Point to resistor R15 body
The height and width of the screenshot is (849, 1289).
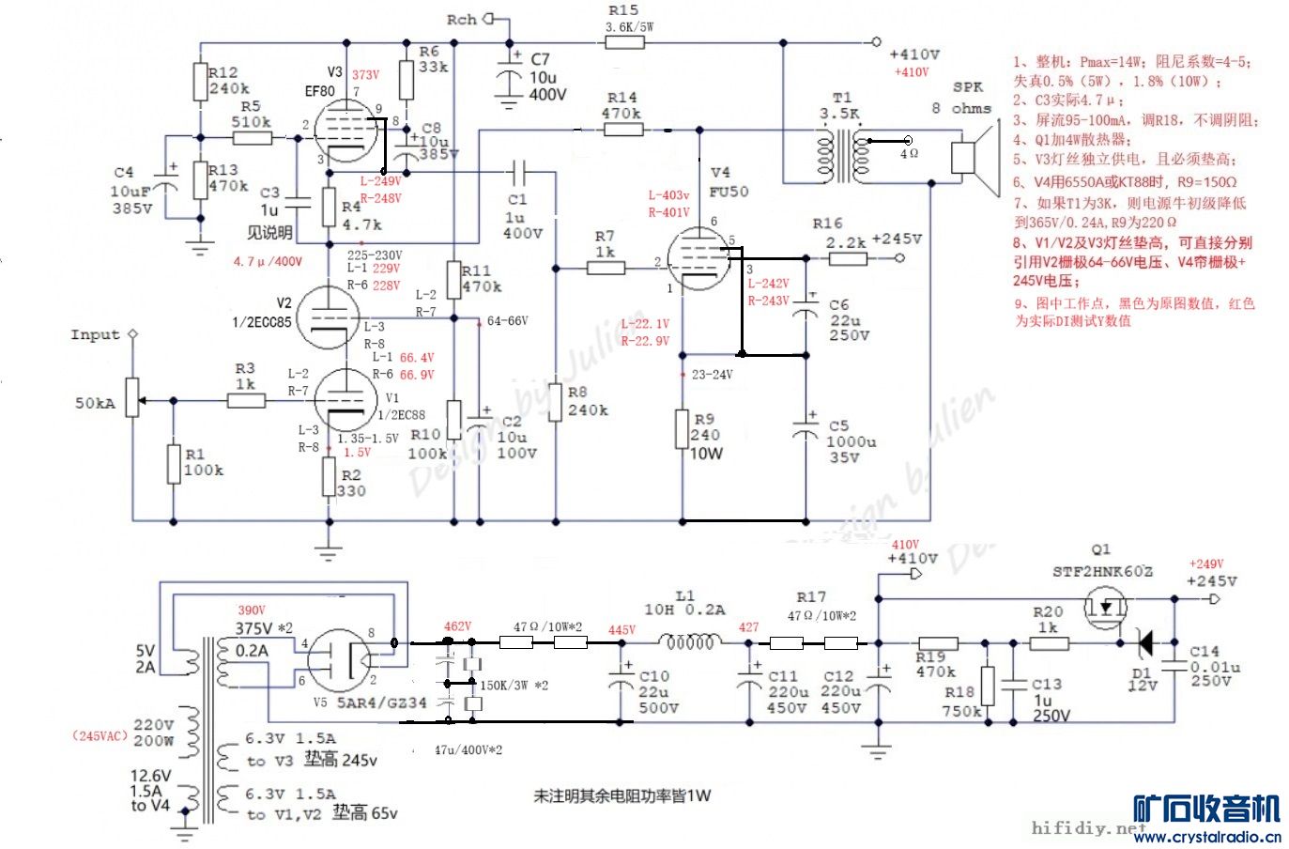(624, 41)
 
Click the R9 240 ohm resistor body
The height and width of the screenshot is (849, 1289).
(683, 429)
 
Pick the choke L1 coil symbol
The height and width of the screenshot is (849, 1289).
(690, 643)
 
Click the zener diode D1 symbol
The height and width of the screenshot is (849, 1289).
(1144, 643)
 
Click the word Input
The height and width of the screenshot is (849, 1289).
(95, 335)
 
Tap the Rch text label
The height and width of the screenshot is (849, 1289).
(461, 20)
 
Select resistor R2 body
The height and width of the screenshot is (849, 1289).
(329, 477)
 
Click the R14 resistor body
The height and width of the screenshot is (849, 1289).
(623, 130)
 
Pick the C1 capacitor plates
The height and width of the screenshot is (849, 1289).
(518, 172)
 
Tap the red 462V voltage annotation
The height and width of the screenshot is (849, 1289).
(457, 626)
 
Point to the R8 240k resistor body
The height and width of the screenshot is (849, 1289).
(556, 401)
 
